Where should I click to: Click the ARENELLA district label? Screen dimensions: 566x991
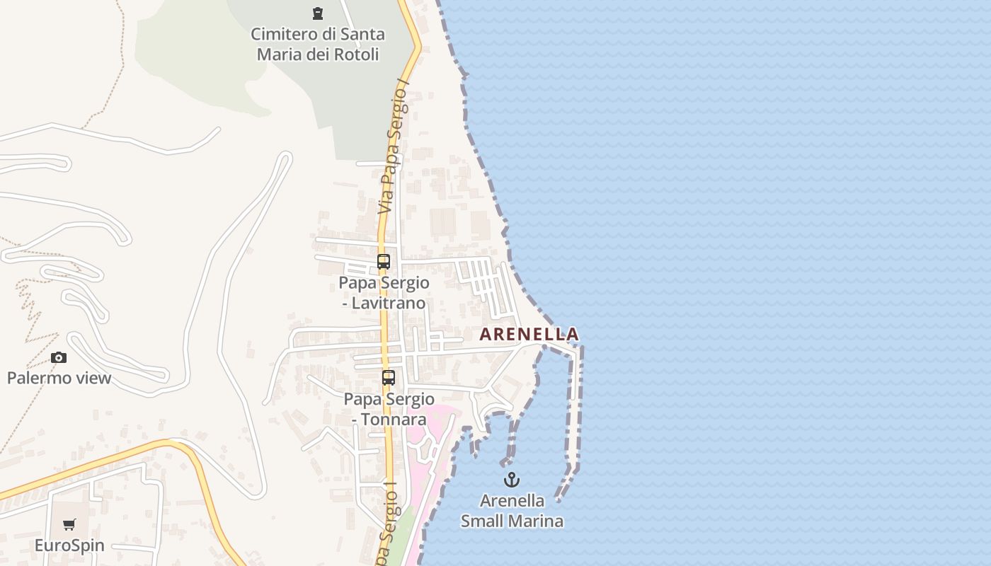(529, 334)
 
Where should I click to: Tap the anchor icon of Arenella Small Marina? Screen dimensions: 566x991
(511, 480)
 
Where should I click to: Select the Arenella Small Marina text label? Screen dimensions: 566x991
(512, 511)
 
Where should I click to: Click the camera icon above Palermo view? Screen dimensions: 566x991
(59, 358)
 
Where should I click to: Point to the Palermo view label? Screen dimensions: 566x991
(59, 378)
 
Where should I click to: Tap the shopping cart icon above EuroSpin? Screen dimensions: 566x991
(69, 525)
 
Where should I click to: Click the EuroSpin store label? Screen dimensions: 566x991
(69, 545)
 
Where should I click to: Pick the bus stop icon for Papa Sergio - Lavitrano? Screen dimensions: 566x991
(384, 262)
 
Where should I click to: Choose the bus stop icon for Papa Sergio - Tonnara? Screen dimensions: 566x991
(389, 378)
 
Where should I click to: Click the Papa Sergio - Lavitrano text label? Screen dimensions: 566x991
(384, 293)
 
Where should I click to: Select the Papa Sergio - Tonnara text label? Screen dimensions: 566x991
(389, 409)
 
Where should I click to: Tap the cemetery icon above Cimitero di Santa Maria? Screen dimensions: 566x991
(317, 13)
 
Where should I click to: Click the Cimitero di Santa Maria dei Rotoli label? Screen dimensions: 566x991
(318, 44)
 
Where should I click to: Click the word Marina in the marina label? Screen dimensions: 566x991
(538, 521)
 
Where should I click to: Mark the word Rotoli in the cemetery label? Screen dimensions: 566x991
(356, 54)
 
